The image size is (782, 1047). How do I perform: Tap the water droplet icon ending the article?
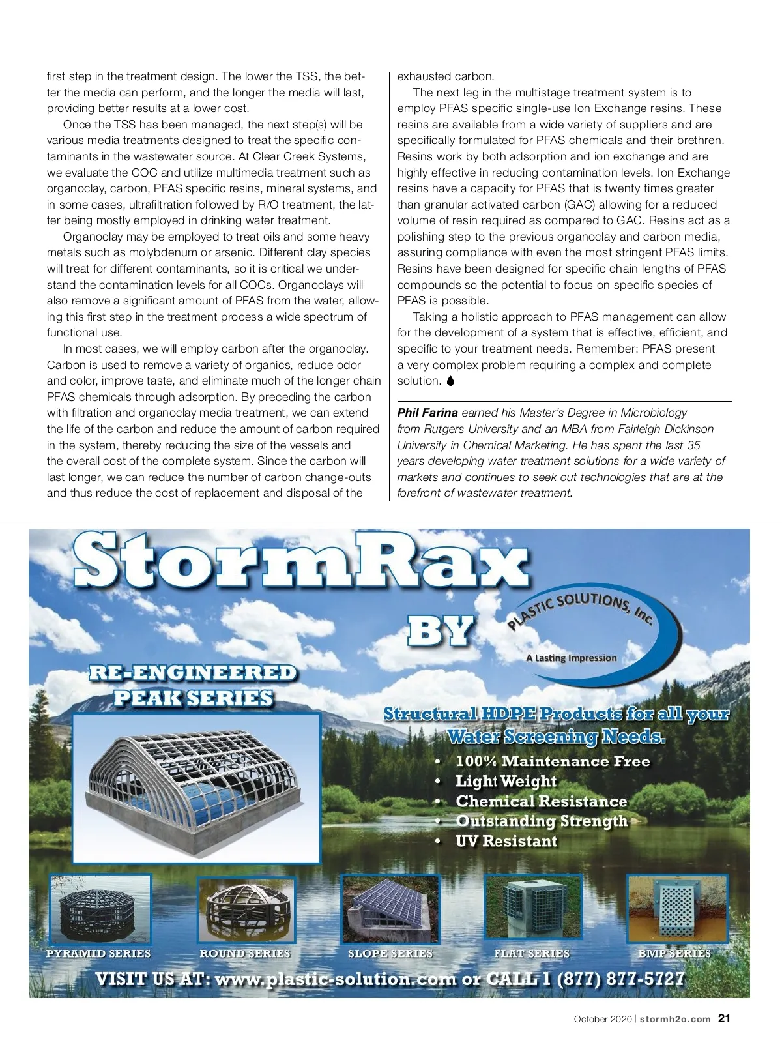(450, 381)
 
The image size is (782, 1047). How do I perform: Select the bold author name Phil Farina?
(427, 413)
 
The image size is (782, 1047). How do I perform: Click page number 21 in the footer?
(724, 1018)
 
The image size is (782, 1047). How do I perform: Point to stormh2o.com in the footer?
(675, 1019)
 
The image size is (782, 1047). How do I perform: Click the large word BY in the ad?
(441, 631)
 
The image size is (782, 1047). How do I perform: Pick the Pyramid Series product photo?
(100, 909)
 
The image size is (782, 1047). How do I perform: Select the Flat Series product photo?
(532, 909)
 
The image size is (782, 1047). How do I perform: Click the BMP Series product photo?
(676, 909)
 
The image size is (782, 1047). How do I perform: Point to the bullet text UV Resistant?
(506, 841)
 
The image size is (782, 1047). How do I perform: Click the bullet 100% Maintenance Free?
(553, 761)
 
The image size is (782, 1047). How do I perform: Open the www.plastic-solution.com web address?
(336, 980)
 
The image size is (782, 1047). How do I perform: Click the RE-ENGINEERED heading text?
(193, 673)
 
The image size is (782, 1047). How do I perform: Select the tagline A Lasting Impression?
(571, 658)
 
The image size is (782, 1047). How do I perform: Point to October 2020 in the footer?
(603, 1019)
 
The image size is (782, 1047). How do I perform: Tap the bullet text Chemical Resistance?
(541, 801)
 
